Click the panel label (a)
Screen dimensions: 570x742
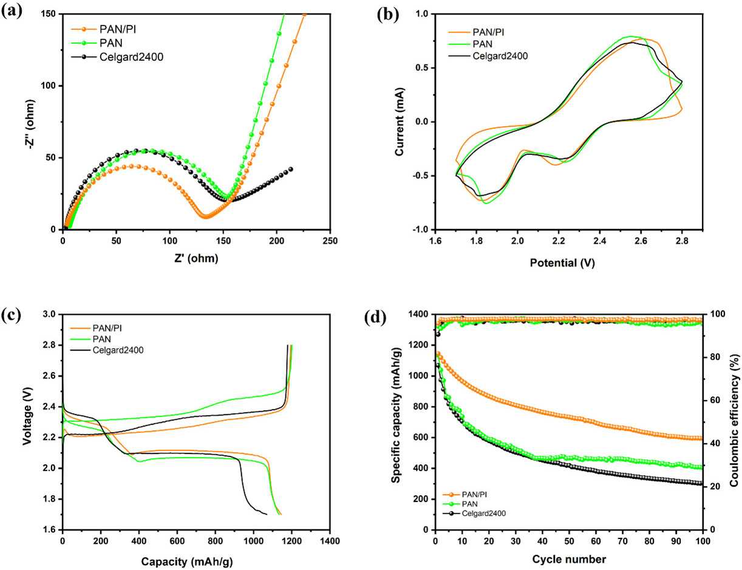click(13, 11)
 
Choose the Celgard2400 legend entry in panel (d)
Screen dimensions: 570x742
click(483, 513)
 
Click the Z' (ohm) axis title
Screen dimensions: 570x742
click(196, 258)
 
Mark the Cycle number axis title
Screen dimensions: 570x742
click(568, 558)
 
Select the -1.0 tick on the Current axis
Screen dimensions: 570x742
click(427, 230)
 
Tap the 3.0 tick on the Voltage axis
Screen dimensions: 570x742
click(50, 314)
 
